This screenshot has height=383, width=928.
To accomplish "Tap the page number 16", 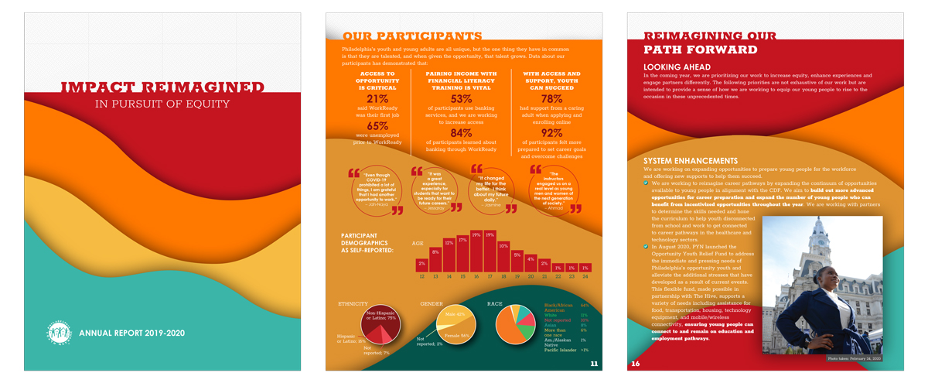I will (635, 363).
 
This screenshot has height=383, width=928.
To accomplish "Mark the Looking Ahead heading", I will (677, 67).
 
